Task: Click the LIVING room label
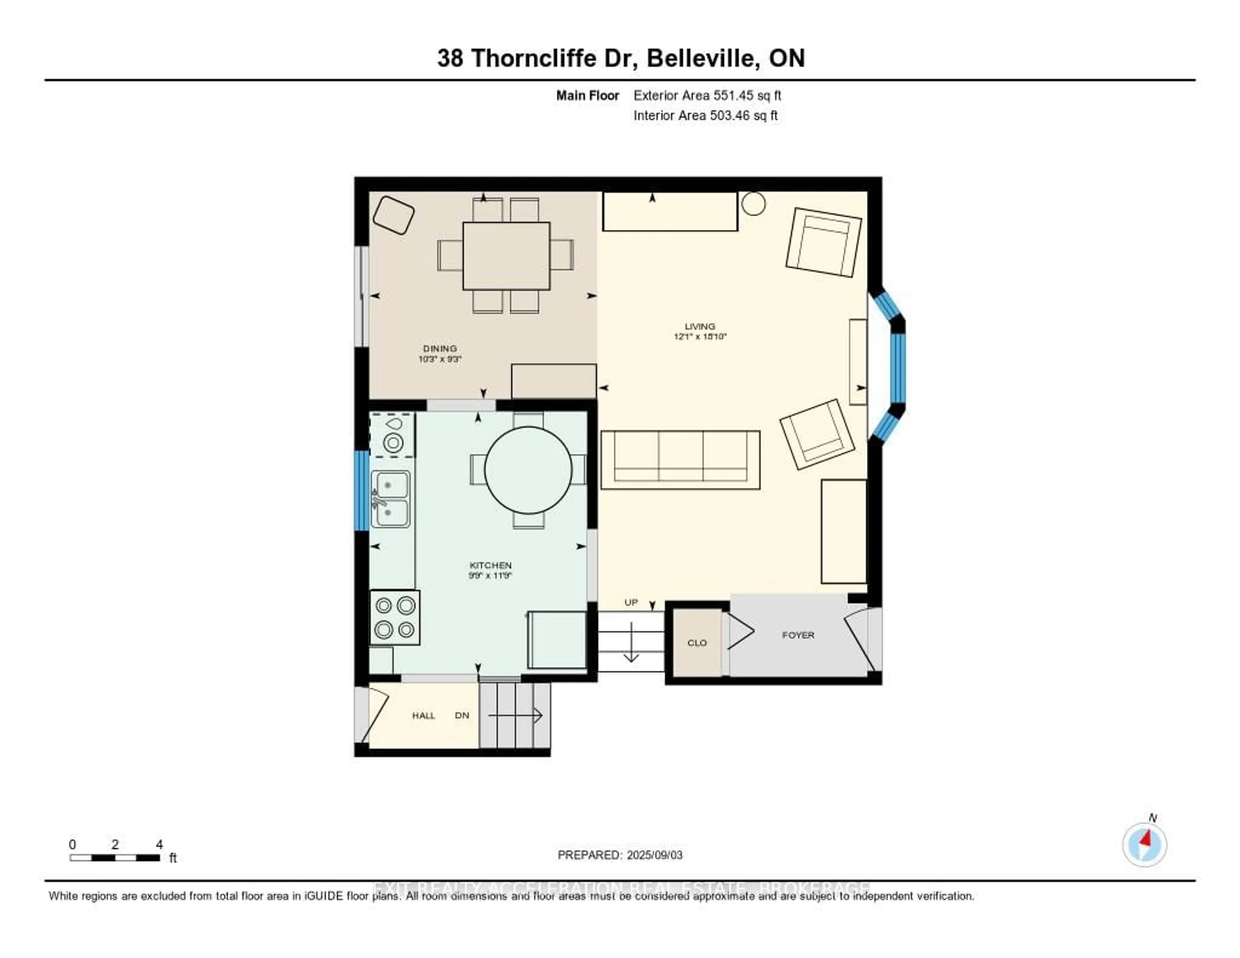[x=699, y=327]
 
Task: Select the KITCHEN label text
[x=491, y=565]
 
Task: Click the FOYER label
[x=798, y=635]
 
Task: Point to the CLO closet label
[x=697, y=643]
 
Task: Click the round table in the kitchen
[x=528, y=470]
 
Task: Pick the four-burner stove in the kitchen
[x=395, y=617]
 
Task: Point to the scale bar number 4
[x=160, y=844]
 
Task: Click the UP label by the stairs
[x=631, y=602]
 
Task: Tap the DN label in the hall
[x=462, y=715]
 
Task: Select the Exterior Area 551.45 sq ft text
[x=707, y=95]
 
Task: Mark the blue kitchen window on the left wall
[x=361, y=491]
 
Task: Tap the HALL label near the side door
[x=424, y=715]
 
